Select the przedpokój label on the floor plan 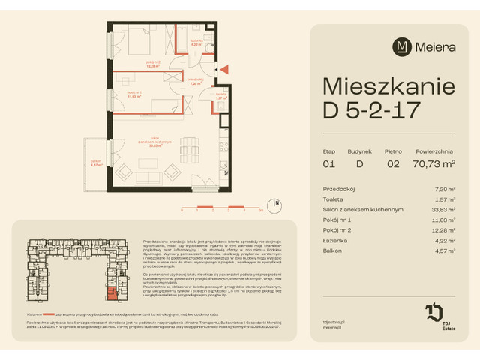(196, 82)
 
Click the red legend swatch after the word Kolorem (47, 315)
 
